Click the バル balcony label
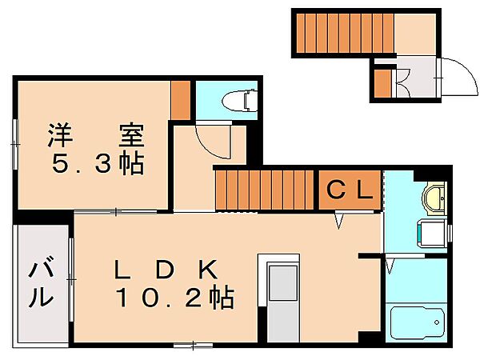pyautogui.click(x=42, y=283)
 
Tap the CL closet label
pyautogui.click(x=350, y=190)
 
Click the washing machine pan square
pyautogui.click(x=432, y=234)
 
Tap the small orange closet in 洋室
pyautogui.click(x=181, y=98)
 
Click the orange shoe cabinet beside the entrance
pyautogui.click(x=382, y=81)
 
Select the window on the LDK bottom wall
pyautogui.click(x=193, y=345)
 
